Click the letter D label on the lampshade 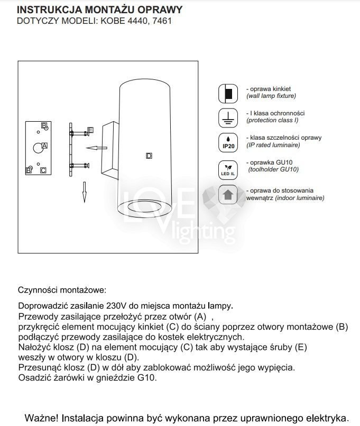pos(149,156)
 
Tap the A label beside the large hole pos(44,145)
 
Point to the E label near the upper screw pos(90,130)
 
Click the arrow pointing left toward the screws pos(95,148)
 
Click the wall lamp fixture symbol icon pos(228,94)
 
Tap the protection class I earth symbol pos(228,117)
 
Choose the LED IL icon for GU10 pos(228,169)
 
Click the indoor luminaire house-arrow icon pos(228,195)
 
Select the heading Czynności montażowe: pos(62,290)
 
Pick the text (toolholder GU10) pos(273,169)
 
